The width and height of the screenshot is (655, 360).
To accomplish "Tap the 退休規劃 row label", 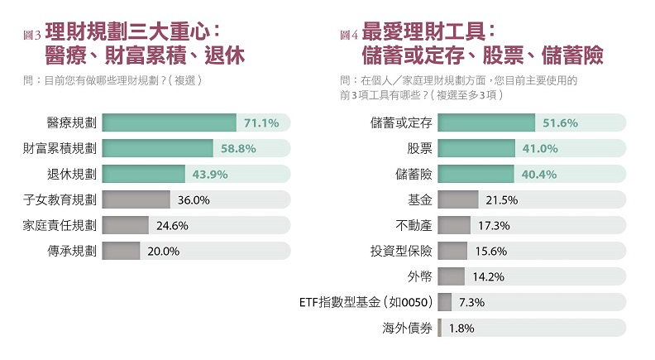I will point(72,175).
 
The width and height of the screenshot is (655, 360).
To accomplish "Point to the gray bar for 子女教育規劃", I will point(135,200).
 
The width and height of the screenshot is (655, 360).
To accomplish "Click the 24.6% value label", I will point(175,226).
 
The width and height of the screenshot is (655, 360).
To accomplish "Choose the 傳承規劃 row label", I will point(72,252).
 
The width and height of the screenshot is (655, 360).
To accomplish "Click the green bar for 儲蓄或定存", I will point(486,123).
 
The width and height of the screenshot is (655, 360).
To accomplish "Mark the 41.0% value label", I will point(541,149).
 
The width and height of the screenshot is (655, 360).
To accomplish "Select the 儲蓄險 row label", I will point(409,175).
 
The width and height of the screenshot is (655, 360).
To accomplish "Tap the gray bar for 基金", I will point(457,200).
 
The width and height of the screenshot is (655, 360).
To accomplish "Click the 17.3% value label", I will point(494,226).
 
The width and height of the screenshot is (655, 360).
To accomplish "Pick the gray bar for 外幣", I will point(451,276).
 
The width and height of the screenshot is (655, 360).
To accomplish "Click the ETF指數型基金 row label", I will point(364,302).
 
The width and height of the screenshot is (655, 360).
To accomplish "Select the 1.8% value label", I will point(461,328).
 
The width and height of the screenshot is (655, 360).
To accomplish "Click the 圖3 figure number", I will point(33,36).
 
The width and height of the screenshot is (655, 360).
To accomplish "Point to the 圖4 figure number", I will point(348,36).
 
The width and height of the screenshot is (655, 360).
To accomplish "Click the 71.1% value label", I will point(262,123).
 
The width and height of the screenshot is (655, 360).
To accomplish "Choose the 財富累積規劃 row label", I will point(60,149).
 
